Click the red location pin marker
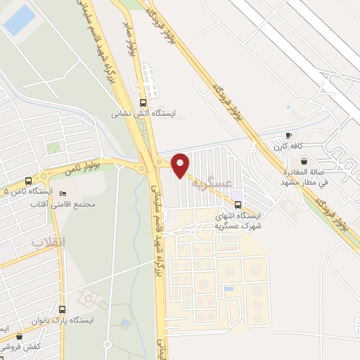tap(180, 164)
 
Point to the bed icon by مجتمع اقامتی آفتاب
tap(63, 194)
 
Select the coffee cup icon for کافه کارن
tap(288, 135)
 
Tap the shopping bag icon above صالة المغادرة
tap(303, 161)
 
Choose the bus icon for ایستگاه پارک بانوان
tap(63, 309)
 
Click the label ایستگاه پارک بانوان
tap(62, 321)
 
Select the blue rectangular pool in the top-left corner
tap(19, 19)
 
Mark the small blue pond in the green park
tap(124, 323)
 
